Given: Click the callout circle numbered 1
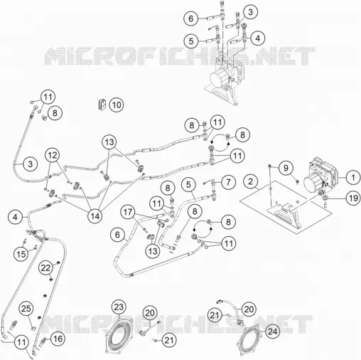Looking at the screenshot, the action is point(353,177).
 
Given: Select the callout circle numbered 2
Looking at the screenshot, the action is point(250,181).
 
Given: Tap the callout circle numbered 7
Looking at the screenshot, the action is point(228,182).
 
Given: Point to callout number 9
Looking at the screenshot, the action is point(286,168).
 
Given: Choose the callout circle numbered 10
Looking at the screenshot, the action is point(117,105).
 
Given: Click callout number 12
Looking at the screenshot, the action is point(53,155).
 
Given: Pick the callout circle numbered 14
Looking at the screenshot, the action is point(95,216).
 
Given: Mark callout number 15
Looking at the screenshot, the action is point(21,254).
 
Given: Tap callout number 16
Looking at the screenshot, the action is point(58,339).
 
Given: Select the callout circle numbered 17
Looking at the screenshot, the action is point(128,212).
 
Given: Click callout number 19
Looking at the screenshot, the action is point(353,198).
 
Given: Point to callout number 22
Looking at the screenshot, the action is point(45,268).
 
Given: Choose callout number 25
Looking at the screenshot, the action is point(26,309).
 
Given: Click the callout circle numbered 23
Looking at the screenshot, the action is point(119,307).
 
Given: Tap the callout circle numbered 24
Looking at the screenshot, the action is point(272,332).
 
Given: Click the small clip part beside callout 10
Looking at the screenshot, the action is point(102,105).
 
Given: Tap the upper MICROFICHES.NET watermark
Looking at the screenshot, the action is point(179,56).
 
